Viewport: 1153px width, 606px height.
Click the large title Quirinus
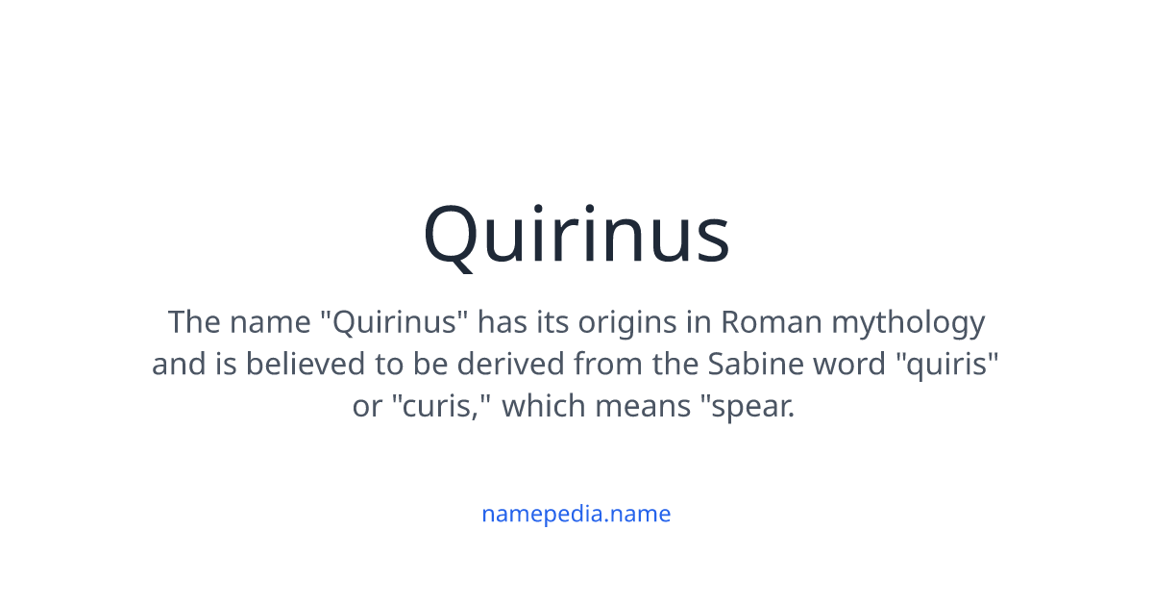pyautogui.click(x=576, y=236)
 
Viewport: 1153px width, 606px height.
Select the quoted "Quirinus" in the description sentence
pyautogui.click(x=393, y=322)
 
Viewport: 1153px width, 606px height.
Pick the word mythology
pyautogui.click(x=908, y=322)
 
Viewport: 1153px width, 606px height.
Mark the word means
pyautogui.click(x=640, y=407)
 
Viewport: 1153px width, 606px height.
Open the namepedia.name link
pyautogui.click(x=576, y=514)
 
